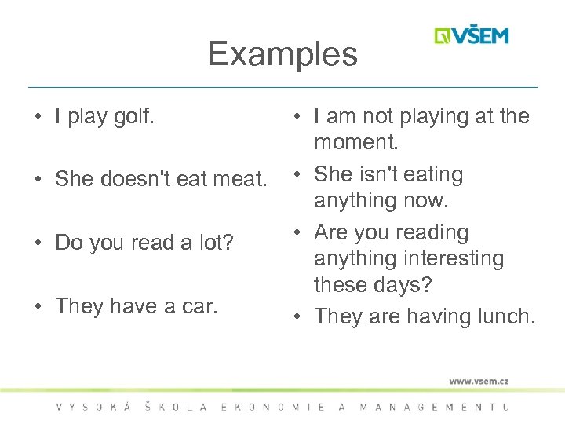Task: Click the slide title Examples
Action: [x=282, y=54]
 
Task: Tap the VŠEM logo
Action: [x=472, y=36]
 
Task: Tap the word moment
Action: [x=356, y=143]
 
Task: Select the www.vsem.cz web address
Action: [x=479, y=382]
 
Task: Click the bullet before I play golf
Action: [x=38, y=118]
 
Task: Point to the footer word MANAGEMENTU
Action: [x=434, y=407]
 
